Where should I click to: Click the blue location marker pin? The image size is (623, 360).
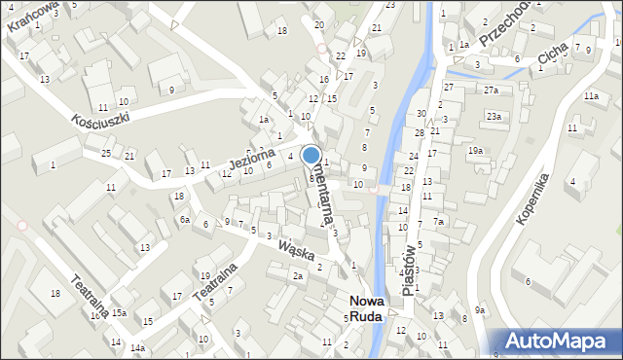tap(311, 155)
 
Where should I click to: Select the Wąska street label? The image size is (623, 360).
tap(296, 250)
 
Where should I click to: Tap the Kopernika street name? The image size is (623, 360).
tap(535, 198)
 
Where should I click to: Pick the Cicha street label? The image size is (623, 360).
tap(553, 61)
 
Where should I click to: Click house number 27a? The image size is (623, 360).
tap(491, 90)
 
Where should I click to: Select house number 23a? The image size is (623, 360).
tap(495, 117)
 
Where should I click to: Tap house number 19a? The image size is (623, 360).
tap(475, 150)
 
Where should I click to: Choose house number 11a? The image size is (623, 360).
tap(591, 96)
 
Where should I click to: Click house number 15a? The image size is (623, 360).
tap(119, 312)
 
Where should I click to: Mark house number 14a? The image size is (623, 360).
tap(138, 347)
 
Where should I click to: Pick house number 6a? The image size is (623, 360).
tap(184, 220)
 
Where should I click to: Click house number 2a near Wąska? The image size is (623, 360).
tap(299, 276)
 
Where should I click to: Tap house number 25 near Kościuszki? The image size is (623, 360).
tap(105, 154)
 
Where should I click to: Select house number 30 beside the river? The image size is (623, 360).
tap(421, 114)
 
